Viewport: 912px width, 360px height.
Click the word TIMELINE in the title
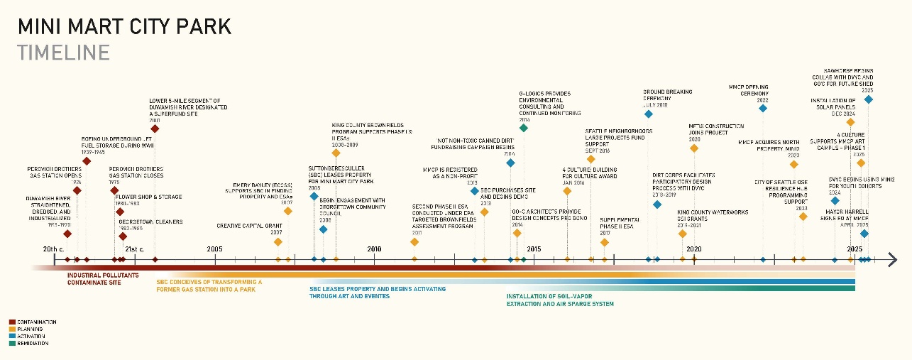[x=64, y=53]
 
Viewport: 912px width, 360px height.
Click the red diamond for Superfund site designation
[x=155, y=129]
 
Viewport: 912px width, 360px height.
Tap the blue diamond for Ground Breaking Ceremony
[x=648, y=114]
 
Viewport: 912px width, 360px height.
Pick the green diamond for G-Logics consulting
[x=524, y=129]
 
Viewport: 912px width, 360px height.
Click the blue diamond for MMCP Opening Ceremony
[x=763, y=109]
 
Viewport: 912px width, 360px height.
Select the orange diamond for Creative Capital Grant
[x=278, y=241]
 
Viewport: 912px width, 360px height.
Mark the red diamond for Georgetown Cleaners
[x=123, y=236]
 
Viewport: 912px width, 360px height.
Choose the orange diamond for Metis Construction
[x=694, y=148]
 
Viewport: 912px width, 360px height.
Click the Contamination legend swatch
[x=12, y=322]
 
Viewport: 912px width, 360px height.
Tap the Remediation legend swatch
[x=12, y=343]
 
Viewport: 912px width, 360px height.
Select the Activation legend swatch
[x=12, y=336]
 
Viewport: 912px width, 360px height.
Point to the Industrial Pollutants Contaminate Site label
[x=103, y=278]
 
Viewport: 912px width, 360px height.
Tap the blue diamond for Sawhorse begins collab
[x=868, y=99]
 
